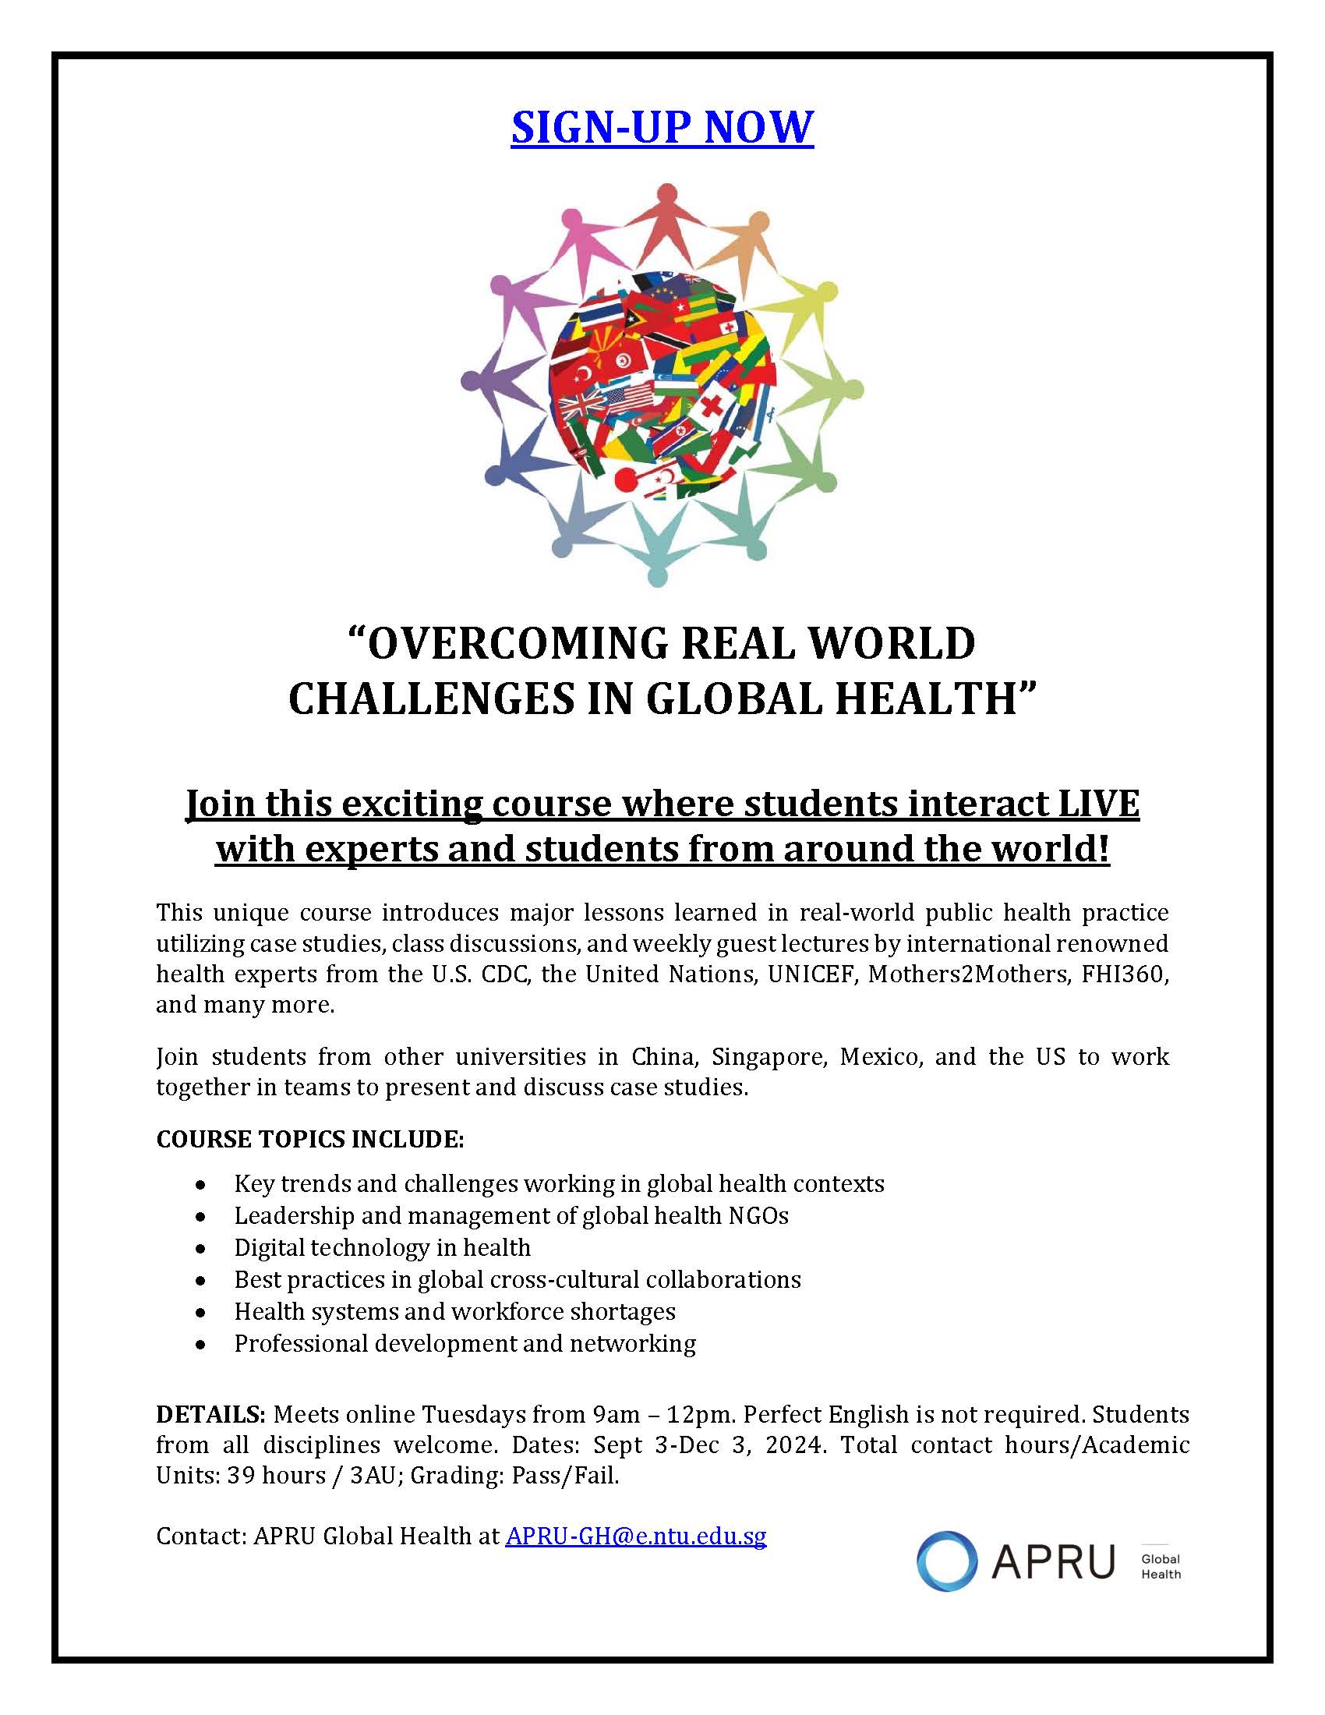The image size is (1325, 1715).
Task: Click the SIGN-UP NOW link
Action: pyautogui.click(x=662, y=127)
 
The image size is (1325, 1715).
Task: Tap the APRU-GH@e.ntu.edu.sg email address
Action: pyautogui.click(x=636, y=1535)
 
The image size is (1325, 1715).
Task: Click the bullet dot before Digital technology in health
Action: pyautogui.click(x=203, y=1248)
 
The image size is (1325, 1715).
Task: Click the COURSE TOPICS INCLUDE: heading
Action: pyautogui.click(x=310, y=1139)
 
